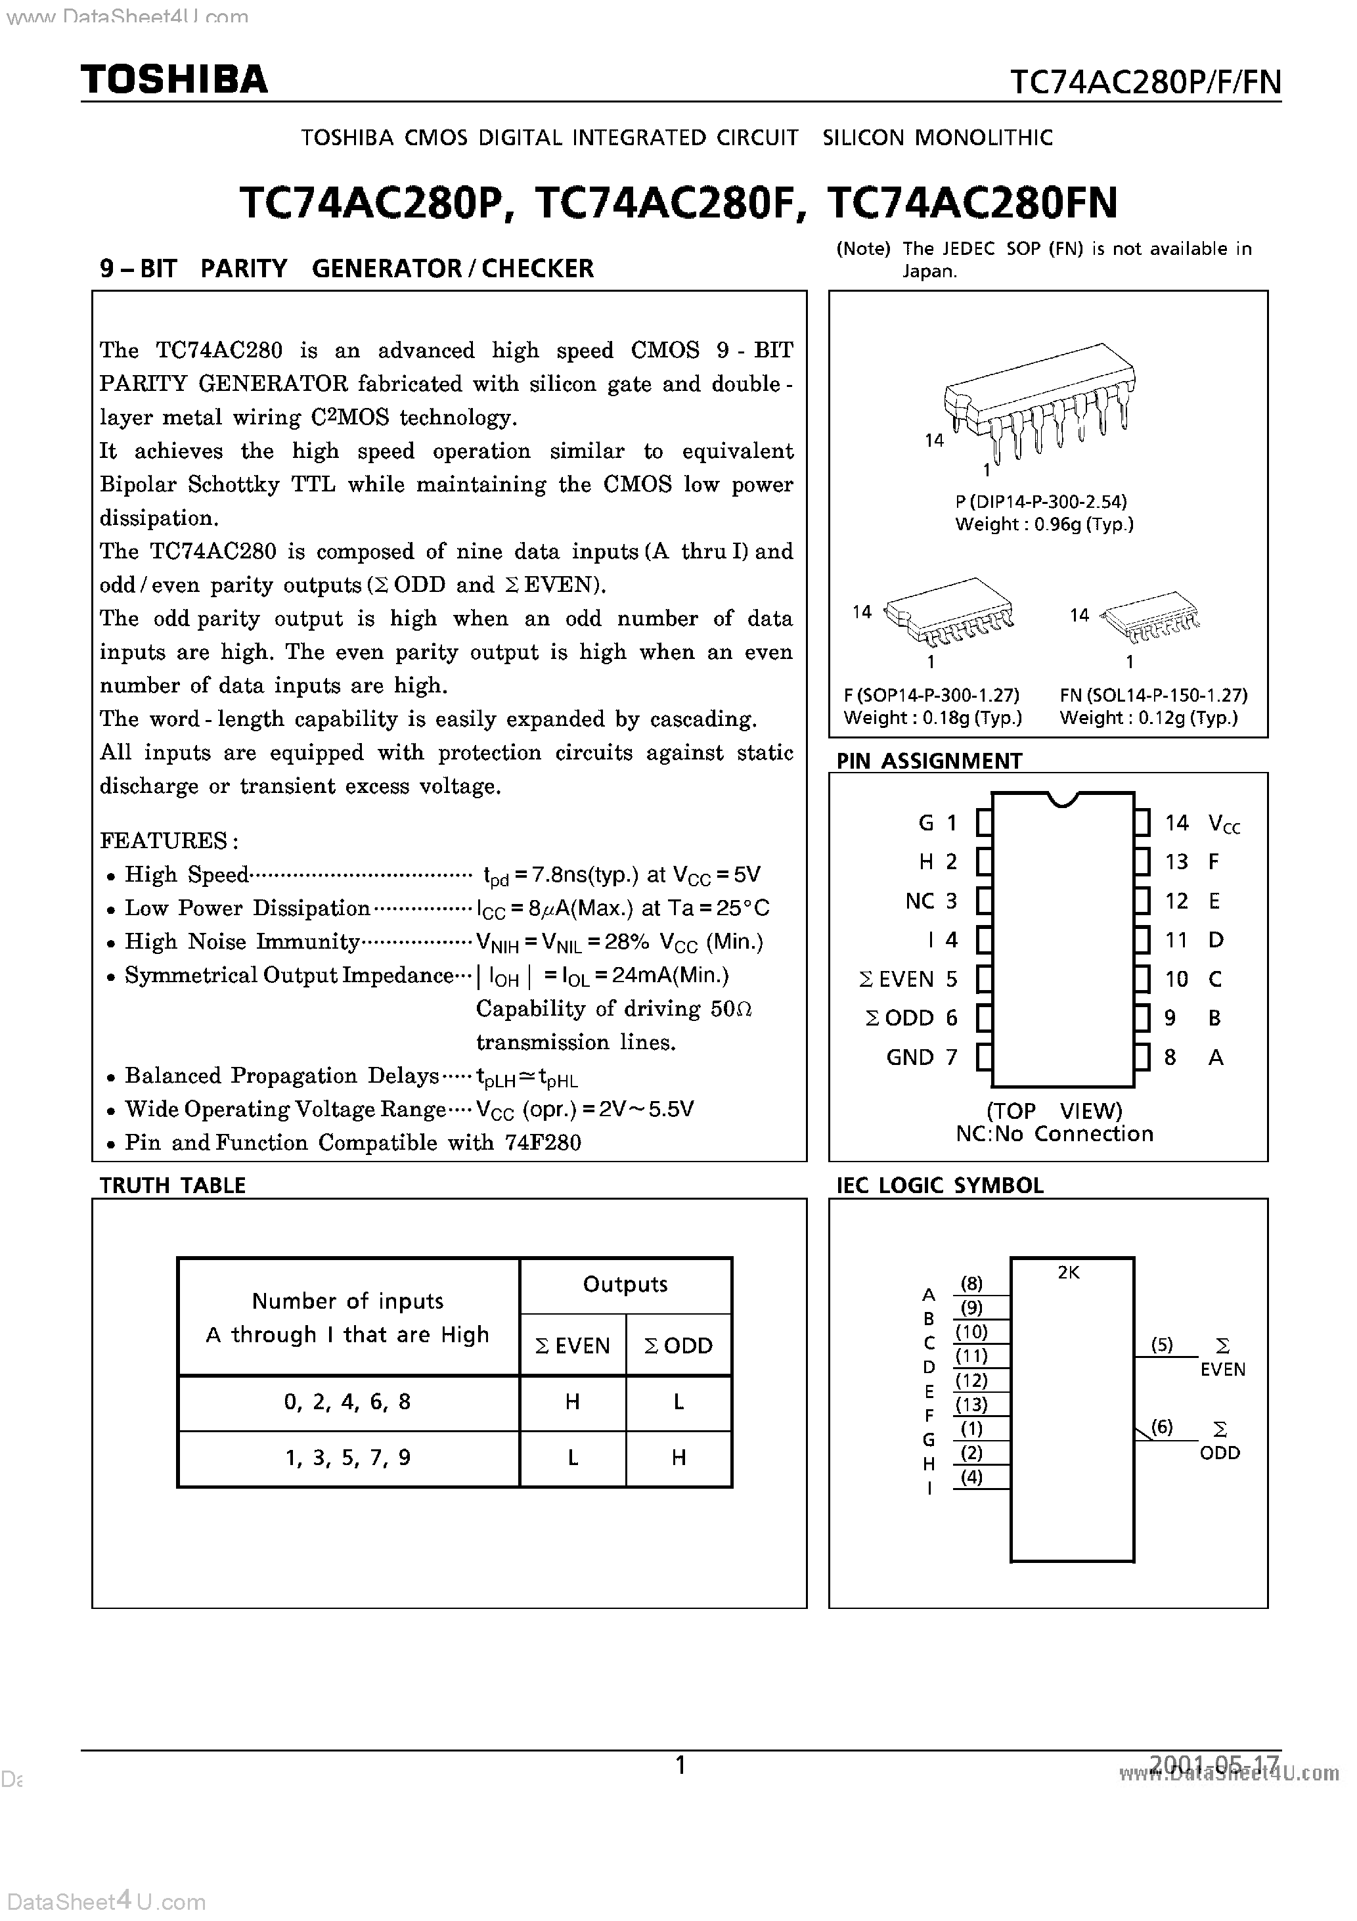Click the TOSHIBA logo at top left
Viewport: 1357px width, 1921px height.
(174, 79)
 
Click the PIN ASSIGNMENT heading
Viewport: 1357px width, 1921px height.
(929, 761)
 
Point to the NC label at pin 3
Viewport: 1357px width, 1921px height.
(920, 901)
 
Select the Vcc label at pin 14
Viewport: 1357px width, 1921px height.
(1224, 824)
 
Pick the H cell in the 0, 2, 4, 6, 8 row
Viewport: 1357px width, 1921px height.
(572, 1401)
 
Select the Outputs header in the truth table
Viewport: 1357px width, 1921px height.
(625, 1284)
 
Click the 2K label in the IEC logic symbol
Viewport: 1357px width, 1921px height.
(1069, 1273)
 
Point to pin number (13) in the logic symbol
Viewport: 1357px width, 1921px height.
(971, 1404)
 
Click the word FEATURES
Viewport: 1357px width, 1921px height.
(164, 840)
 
